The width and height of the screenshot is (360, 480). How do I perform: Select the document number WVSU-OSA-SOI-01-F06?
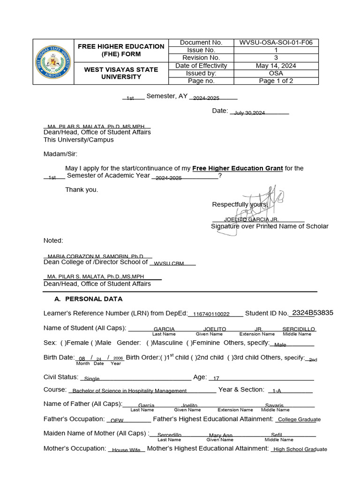pos(276,43)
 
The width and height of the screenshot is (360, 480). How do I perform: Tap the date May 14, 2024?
pos(276,66)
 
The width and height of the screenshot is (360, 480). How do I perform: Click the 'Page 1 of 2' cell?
pos(276,81)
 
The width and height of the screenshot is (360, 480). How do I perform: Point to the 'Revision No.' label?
pos(201,58)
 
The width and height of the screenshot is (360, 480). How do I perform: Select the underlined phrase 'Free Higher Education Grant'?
pos(238,168)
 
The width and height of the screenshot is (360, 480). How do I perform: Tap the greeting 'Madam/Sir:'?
pos(60,154)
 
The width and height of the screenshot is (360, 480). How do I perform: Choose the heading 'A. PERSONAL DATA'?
pos(89,299)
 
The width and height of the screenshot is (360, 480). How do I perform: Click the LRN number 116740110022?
pos(211,314)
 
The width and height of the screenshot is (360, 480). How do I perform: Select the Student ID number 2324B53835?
pos(312,313)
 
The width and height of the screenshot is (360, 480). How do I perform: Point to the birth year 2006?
pos(118,358)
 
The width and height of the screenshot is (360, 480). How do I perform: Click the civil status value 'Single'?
pos(92,379)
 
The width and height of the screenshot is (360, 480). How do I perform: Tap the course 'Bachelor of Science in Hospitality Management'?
pos(129,390)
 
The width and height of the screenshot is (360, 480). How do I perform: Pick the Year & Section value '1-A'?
pos(277,390)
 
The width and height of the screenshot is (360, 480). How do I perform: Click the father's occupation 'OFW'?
pos(117,420)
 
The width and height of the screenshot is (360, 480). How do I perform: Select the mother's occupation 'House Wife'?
pos(126,450)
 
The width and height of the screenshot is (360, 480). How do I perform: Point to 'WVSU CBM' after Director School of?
pos(169,264)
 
